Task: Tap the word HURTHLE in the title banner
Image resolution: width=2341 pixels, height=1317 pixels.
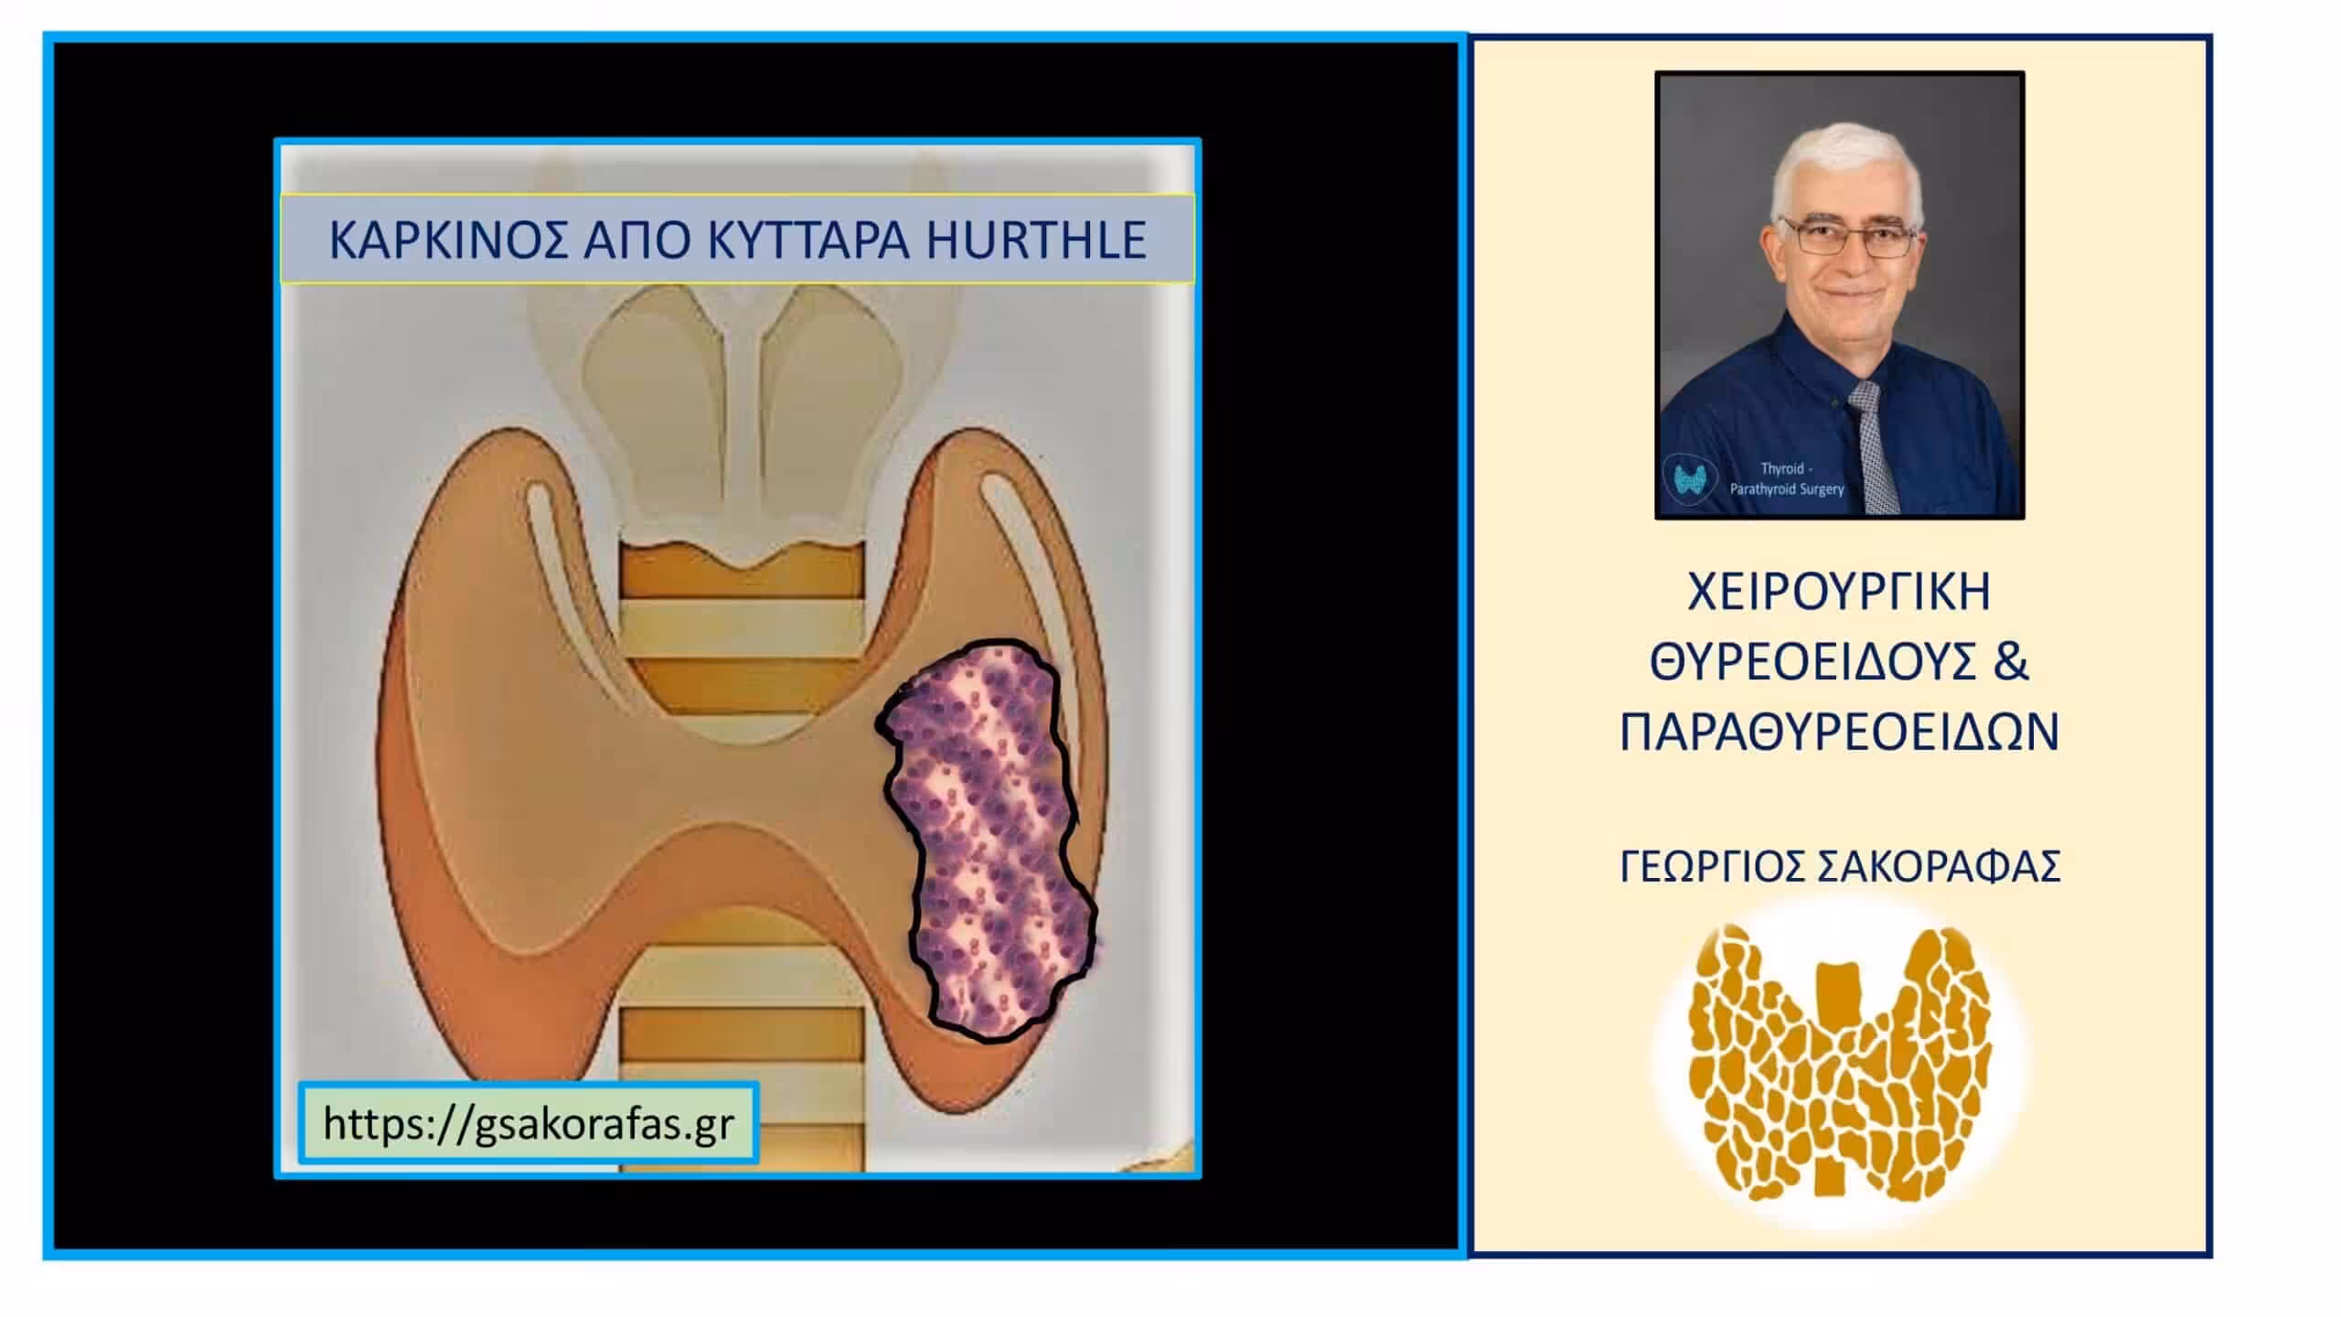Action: (1036, 240)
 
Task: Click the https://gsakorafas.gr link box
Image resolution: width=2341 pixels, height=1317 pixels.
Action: (529, 1122)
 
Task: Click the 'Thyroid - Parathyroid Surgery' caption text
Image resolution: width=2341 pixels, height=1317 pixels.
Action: (1787, 479)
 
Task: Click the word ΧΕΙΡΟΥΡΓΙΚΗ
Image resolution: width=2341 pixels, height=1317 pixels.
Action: (1839, 592)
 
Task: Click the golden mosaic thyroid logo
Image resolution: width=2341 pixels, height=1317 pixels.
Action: (1839, 1061)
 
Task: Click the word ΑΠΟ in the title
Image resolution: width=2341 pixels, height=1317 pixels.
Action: (636, 240)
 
